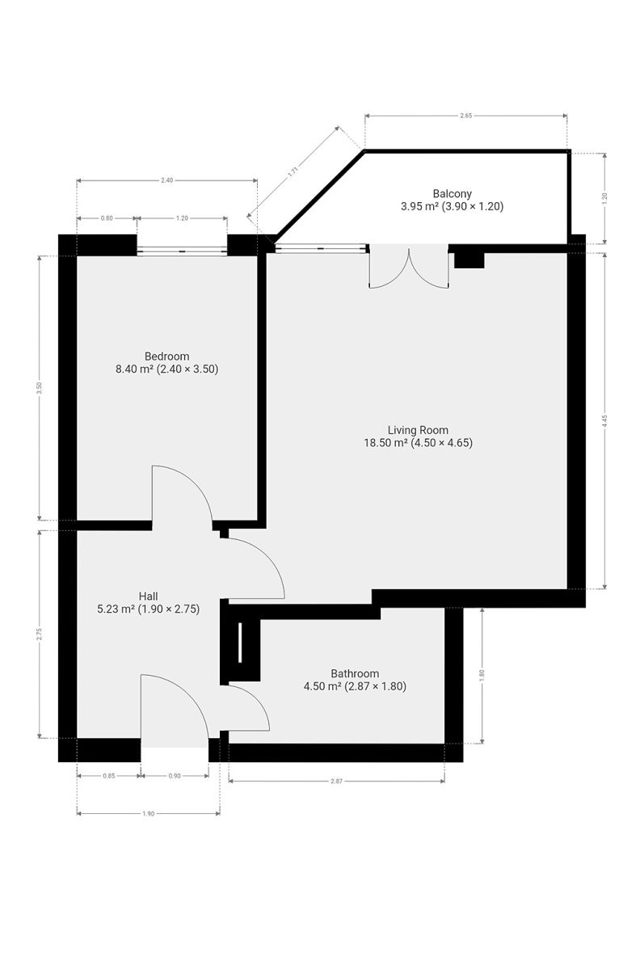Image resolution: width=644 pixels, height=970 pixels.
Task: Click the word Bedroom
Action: [166, 356]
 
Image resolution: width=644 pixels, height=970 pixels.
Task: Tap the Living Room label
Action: [418, 430]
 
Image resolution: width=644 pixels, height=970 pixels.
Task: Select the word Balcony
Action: [452, 193]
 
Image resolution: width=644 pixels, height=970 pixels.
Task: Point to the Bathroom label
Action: [355, 673]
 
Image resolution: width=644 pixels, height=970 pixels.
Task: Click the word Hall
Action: [148, 597]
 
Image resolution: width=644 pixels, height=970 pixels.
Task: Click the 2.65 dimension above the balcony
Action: [465, 116]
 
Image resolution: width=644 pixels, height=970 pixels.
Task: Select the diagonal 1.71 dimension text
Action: [293, 171]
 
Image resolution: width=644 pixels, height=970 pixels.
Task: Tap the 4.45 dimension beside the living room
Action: [604, 421]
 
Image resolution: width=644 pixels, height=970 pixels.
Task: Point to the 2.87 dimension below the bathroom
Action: [336, 781]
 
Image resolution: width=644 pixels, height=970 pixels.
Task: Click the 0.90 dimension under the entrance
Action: [175, 776]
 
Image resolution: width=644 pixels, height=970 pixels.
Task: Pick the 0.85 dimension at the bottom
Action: [109, 776]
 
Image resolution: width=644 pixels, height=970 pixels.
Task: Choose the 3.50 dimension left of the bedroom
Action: [39, 387]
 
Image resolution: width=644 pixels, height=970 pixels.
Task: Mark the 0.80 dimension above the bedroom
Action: [107, 218]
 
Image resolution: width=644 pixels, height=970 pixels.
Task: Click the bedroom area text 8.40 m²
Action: [134, 369]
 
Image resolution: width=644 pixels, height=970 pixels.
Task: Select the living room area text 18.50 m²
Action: [386, 443]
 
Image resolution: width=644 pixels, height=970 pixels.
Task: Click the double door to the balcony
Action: [409, 266]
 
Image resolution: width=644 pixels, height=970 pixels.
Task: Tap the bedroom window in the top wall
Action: [182, 251]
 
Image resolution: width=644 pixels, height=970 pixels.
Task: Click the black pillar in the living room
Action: [469, 260]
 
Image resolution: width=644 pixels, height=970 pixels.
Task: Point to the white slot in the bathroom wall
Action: [240, 642]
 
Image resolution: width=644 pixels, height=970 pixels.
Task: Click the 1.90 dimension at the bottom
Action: [148, 814]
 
